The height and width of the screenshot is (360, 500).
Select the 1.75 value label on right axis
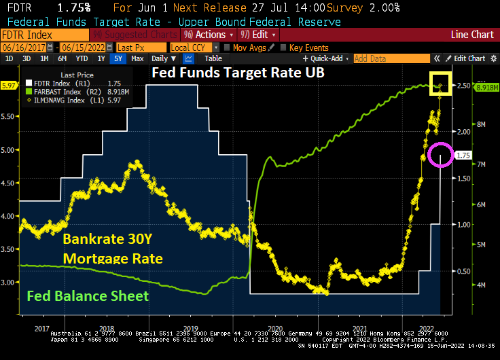tap(463, 156)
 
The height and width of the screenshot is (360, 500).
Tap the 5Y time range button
tap(118, 59)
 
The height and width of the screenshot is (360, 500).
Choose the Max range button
tap(137, 59)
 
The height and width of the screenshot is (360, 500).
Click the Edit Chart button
tap(469, 59)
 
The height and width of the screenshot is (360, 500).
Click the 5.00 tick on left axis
tap(10, 150)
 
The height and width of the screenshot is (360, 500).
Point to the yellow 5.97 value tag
tap(9, 86)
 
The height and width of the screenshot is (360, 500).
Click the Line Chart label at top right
tap(472, 34)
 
